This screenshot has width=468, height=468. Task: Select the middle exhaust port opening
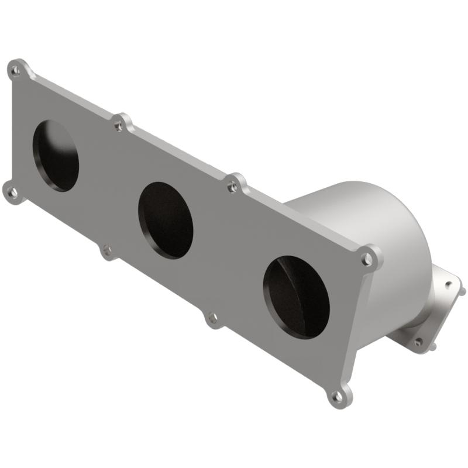tap(166, 221)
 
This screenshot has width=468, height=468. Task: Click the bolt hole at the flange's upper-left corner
tap(16, 71)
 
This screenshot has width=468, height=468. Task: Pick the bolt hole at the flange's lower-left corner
tap(12, 191)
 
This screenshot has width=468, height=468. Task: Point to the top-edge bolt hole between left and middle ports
tap(119, 125)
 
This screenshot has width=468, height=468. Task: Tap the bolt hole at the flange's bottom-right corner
tap(338, 397)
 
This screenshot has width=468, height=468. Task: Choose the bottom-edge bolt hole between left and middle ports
tap(106, 252)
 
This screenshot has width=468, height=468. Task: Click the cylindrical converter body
tap(374, 222)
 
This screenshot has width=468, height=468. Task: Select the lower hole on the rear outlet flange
tap(418, 341)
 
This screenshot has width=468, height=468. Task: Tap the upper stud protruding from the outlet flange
tap(462, 290)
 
